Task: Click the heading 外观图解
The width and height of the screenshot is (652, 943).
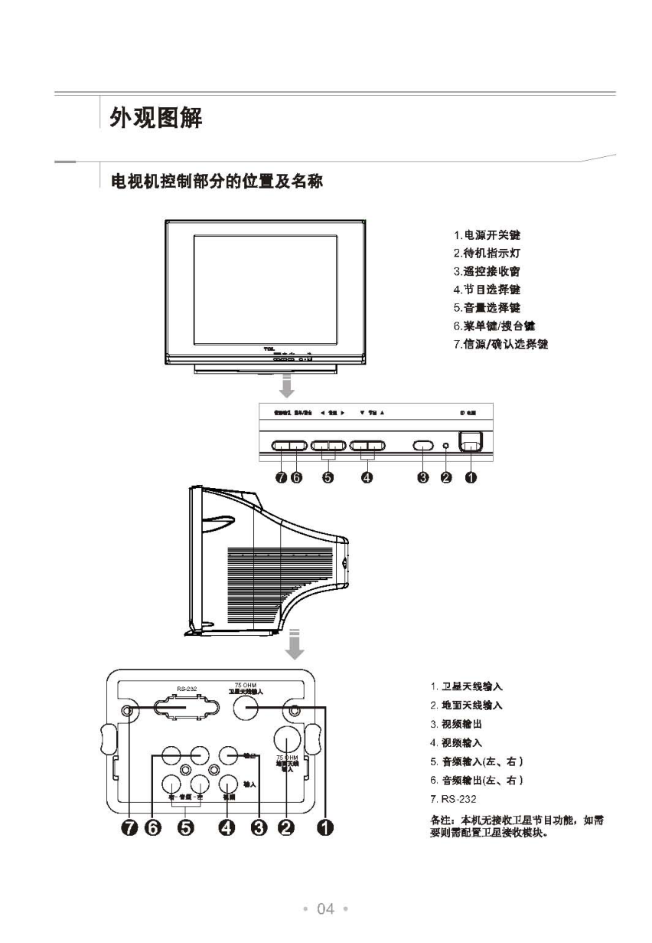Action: coord(156,120)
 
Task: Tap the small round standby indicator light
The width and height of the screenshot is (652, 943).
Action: coord(447,444)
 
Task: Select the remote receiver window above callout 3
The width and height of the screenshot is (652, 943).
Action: coord(423,444)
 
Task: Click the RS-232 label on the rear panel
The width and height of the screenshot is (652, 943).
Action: coord(187,689)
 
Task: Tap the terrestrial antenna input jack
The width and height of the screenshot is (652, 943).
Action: coord(286,739)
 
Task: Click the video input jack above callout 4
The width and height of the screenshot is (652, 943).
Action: coord(228,783)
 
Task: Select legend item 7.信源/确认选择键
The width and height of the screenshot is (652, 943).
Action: coord(500,344)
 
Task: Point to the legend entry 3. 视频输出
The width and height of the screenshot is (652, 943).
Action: coord(455,724)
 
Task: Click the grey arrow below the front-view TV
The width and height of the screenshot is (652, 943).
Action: coord(286,387)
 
